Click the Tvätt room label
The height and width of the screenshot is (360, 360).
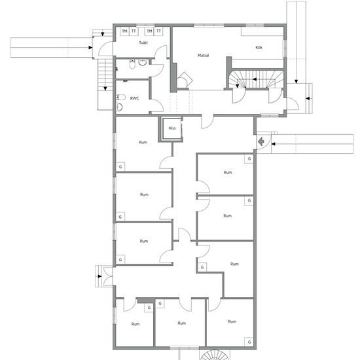(x=143, y=43)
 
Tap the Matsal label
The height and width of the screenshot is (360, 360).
(x=204, y=56)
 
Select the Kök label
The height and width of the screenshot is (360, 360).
(x=259, y=48)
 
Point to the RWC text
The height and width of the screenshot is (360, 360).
(x=135, y=98)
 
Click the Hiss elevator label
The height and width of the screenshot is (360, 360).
(x=172, y=128)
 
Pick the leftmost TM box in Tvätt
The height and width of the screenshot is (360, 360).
(x=124, y=31)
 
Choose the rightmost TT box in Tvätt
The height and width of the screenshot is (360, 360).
(x=158, y=31)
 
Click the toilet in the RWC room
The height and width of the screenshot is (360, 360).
(x=121, y=98)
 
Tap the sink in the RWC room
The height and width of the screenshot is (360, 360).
(x=119, y=107)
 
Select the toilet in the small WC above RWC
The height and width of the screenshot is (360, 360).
(x=132, y=64)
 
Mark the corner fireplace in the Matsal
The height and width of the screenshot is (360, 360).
(x=185, y=81)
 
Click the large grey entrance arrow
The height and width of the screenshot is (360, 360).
(x=261, y=141)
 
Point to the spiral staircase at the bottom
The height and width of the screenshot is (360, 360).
(x=215, y=355)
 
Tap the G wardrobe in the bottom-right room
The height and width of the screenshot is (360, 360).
(x=249, y=342)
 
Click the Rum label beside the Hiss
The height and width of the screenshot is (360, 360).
(x=143, y=142)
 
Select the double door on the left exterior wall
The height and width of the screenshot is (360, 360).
(x=108, y=276)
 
